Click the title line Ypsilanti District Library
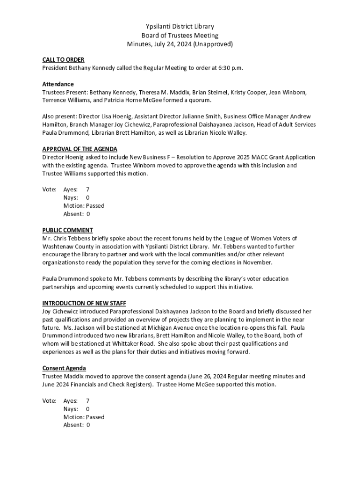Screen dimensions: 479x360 point(180,27)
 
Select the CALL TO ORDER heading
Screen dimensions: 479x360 point(63,60)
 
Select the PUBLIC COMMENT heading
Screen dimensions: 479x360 point(67,230)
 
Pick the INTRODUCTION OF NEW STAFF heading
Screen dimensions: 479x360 point(84,303)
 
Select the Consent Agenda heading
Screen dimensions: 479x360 point(64,368)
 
